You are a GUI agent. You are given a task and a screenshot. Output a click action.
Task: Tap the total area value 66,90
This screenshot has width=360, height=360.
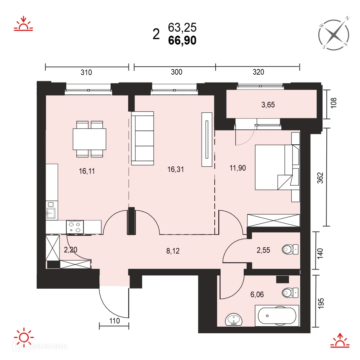tap(182, 40)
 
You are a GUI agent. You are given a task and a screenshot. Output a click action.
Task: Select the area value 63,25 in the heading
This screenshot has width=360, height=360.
tap(182, 27)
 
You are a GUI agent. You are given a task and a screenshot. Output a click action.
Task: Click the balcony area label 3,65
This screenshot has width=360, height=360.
tap(268, 105)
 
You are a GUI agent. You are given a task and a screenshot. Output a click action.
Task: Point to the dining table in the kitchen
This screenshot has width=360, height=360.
tap(89, 139)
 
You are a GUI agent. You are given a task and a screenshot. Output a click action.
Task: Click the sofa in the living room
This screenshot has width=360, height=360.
tap(142, 138)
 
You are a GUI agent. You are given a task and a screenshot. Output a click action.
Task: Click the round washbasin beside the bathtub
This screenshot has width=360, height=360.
tap(234, 320)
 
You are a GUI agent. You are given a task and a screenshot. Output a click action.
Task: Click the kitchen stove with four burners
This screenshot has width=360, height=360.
tap(75, 227)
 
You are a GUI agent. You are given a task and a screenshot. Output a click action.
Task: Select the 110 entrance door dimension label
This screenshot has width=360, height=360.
tap(114, 320)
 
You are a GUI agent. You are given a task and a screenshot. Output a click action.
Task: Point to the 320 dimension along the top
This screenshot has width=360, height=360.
tap(258, 72)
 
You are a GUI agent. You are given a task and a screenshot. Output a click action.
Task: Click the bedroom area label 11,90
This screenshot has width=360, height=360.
tap(238, 167)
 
